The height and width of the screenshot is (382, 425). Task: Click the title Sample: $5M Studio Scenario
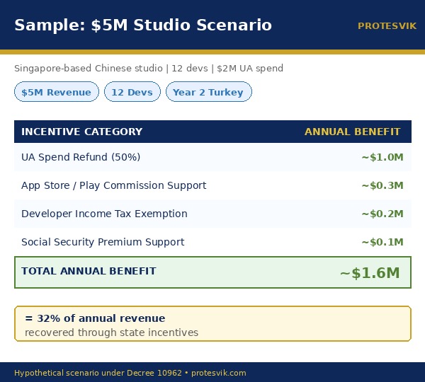click(x=143, y=25)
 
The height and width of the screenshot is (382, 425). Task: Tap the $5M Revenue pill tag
click(x=57, y=92)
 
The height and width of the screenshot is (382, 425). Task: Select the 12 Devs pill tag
click(x=132, y=92)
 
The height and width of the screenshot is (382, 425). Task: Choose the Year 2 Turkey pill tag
click(x=208, y=92)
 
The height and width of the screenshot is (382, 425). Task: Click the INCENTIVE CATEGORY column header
click(x=81, y=132)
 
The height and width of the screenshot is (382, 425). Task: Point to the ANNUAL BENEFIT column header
click(x=352, y=132)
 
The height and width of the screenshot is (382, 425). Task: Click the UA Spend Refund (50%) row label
click(x=81, y=157)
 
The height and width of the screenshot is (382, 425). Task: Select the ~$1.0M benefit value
click(x=382, y=157)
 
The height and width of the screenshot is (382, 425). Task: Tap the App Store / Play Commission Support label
click(x=114, y=185)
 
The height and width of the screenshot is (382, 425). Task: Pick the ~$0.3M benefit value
click(x=382, y=185)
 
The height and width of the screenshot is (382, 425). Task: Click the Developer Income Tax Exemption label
click(x=104, y=214)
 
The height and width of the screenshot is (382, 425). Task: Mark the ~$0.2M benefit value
click(x=382, y=214)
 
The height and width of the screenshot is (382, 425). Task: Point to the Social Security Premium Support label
click(x=103, y=242)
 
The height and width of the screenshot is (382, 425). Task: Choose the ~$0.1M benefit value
click(x=382, y=242)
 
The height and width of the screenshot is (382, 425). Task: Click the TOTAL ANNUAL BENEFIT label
click(x=89, y=271)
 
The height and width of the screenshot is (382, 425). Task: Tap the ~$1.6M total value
click(x=370, y=273)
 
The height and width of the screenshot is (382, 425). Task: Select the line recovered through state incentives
click(x=111, y=332)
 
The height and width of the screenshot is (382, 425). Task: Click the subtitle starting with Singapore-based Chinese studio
click(x=149, y=69)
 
